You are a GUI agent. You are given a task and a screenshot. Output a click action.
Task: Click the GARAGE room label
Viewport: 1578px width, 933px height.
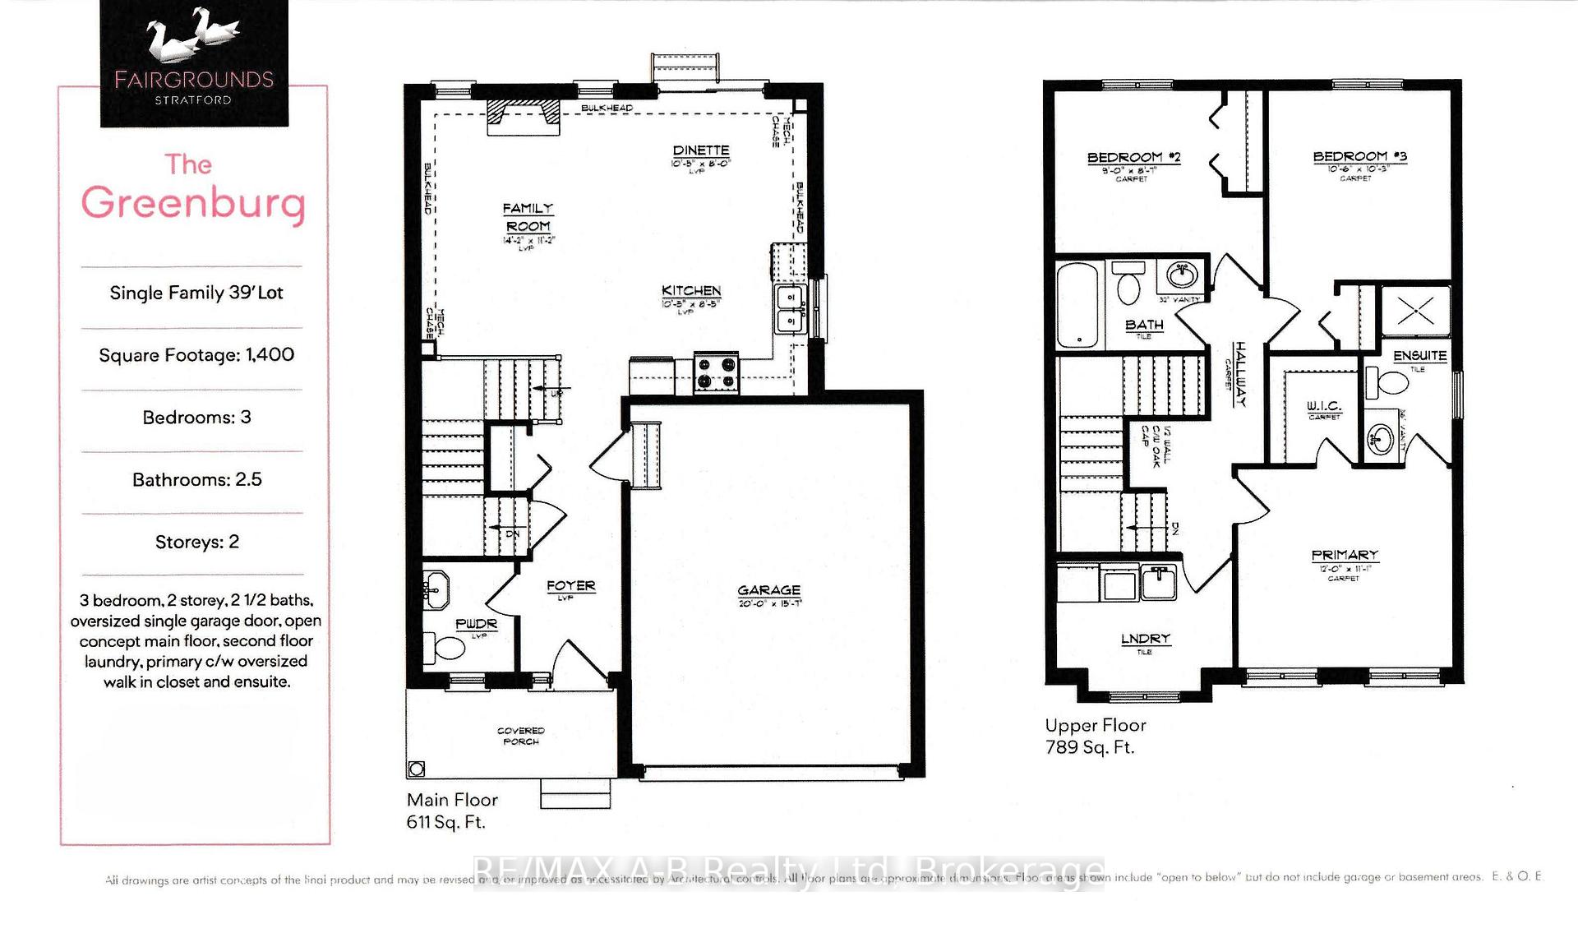click(768, 590)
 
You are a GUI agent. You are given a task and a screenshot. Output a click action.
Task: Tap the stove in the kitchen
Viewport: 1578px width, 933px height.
click(716, 372)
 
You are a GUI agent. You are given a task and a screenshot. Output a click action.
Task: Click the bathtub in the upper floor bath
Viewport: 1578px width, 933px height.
click(1077, 305)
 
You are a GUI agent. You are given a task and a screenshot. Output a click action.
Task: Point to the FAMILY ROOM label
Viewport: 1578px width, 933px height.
click(528, 217)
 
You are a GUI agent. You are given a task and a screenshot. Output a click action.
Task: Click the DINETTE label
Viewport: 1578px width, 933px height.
click(700, 150)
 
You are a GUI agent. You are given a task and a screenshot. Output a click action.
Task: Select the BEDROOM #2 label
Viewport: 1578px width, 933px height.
click(1133, 157)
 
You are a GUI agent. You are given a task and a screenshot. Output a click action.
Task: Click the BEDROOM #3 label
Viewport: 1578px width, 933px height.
click(1359, 156)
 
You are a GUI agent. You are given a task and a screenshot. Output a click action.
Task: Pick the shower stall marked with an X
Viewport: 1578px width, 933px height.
click(1415, 310)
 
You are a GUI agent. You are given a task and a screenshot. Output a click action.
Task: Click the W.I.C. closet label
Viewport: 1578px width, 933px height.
click(1323, 406)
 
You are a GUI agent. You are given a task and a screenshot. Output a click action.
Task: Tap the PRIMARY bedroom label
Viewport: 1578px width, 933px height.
click(1345, 555)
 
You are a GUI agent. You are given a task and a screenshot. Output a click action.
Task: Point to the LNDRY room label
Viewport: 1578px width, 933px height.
click(1145, 639)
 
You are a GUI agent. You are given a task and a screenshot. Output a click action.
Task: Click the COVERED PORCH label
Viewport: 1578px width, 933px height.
click(520, 736)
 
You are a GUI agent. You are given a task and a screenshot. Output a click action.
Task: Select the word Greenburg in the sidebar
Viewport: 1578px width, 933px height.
click(194, 203)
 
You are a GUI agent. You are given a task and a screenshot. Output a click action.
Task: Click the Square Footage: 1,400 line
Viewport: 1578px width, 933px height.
click(196, 355)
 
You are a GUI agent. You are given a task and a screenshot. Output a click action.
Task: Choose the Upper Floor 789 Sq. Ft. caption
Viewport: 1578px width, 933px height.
click(1094, 736)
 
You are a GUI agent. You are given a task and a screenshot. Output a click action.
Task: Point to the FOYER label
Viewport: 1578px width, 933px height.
click(570, 585)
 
